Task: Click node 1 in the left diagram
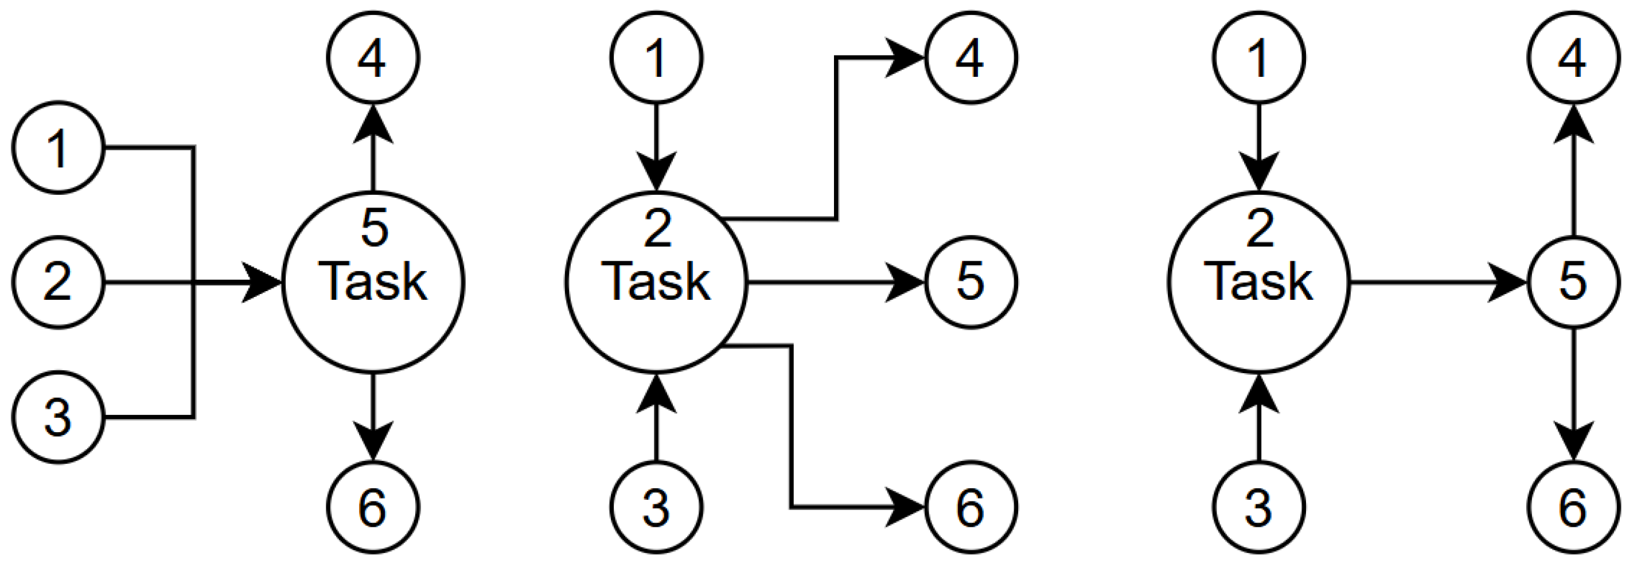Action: coord(58,147)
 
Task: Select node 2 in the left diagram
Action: coord(58,282)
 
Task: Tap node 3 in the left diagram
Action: coord(58,417)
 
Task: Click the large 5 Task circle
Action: coord(373,282)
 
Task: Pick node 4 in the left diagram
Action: coord(373,58)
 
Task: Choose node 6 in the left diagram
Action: coord(373,507)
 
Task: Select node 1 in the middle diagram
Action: coord(656,58)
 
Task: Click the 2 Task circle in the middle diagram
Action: coord(656,282)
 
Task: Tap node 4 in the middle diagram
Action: coord(970,58)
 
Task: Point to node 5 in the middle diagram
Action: coord(970,282)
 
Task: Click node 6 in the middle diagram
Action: coord(970,507)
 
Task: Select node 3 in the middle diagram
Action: coord(656,507)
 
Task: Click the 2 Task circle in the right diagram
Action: coord(1258,282)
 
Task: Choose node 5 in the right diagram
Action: coord(1573,282)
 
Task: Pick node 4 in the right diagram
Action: coord(1573,58)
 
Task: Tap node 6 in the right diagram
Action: coord(1573,507)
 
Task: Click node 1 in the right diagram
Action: coord(1258,58)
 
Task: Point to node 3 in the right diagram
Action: coord(1258,507)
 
